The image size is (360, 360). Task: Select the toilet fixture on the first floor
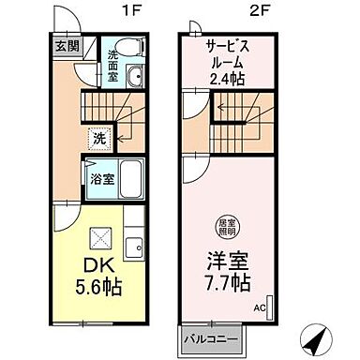coord(131,46)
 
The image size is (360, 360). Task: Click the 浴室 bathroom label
coord(103,177)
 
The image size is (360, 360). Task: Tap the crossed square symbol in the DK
coord(99,237)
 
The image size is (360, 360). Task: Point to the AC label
coord(258,306)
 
